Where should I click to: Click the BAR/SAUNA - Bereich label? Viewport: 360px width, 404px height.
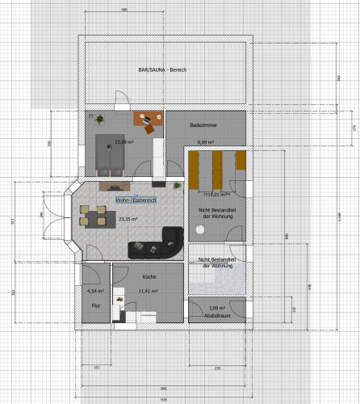[x=162, y=70]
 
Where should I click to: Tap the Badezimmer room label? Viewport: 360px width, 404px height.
[x=202, y=125]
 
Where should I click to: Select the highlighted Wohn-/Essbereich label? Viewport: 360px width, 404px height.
[x=135, y=199]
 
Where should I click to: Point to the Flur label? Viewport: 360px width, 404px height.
[x=94, y=305]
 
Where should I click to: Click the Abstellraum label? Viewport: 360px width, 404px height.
[x=217, y=316]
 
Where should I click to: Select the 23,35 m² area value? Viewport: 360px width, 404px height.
[x=128, y=218]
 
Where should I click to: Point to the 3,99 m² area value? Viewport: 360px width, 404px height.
[x=217, y=308]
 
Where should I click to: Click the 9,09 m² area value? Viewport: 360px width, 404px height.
[x=206, y=142]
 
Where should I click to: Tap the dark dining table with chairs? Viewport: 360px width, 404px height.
[x=94, y=217]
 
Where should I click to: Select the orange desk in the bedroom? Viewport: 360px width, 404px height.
[x=148, y=120]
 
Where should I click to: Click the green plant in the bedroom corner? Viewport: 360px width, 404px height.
[x=98, y=120]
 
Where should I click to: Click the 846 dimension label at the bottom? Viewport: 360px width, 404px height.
[x=163, y=389]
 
